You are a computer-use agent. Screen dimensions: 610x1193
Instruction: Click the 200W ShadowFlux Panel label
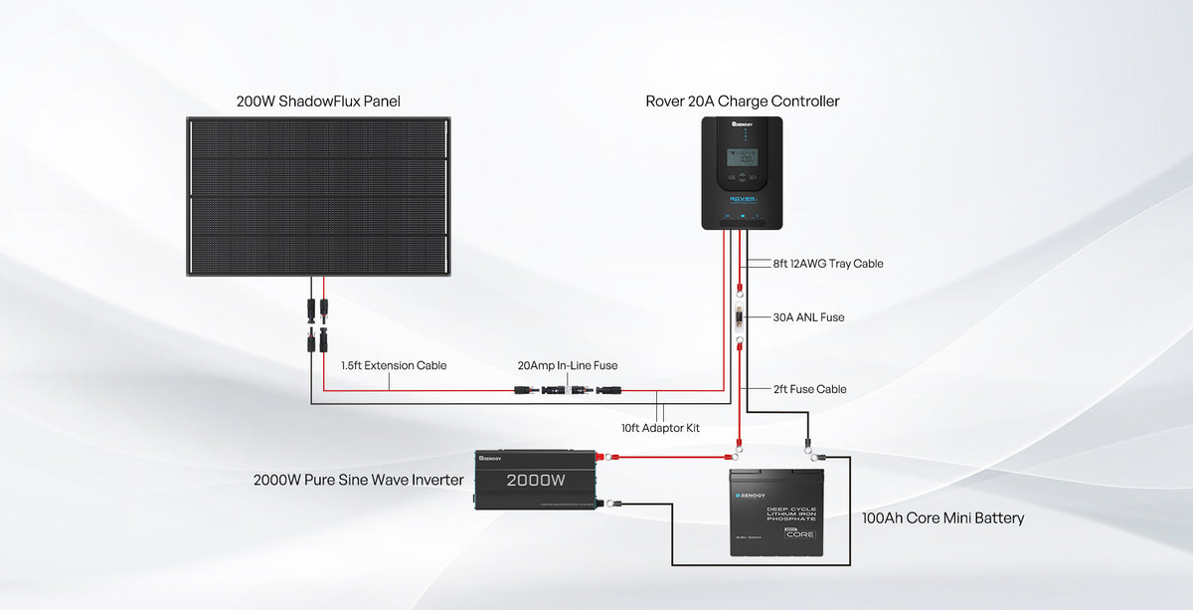pos(318,102)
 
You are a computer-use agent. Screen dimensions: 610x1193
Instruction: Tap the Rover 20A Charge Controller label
pos(742,102)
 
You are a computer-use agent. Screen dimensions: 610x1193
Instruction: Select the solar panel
pos(318,196)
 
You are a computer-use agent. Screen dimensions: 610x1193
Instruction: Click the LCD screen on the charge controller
pos(742,157)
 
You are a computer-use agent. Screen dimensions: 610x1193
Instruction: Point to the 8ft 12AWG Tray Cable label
pos(828,264)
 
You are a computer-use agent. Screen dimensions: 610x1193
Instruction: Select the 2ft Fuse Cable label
pos(809,389)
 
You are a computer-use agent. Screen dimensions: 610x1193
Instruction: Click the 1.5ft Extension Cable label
pos(394,366)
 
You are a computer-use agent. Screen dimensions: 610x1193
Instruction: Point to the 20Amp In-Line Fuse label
pos(567,366)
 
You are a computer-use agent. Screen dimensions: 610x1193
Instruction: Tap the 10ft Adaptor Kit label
pos(660,428)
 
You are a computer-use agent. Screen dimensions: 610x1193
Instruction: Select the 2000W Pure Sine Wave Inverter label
pos(358,481)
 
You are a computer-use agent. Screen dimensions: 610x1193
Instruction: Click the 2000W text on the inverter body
pos(535,481)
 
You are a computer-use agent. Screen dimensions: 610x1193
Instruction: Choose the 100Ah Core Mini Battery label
pos(942,518)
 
